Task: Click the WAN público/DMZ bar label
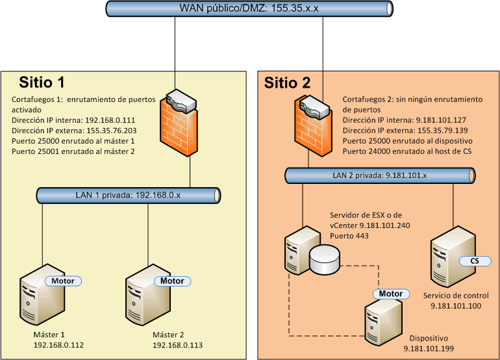249,9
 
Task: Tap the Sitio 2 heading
287,83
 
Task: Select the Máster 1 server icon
42,296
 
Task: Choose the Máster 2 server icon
148,296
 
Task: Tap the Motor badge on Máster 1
63,281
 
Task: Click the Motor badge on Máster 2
172,281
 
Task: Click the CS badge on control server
474,261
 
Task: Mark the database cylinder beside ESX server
324,260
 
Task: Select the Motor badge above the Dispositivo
391,294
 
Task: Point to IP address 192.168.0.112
58,345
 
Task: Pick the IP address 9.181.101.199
428,349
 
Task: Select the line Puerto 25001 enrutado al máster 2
73,151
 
